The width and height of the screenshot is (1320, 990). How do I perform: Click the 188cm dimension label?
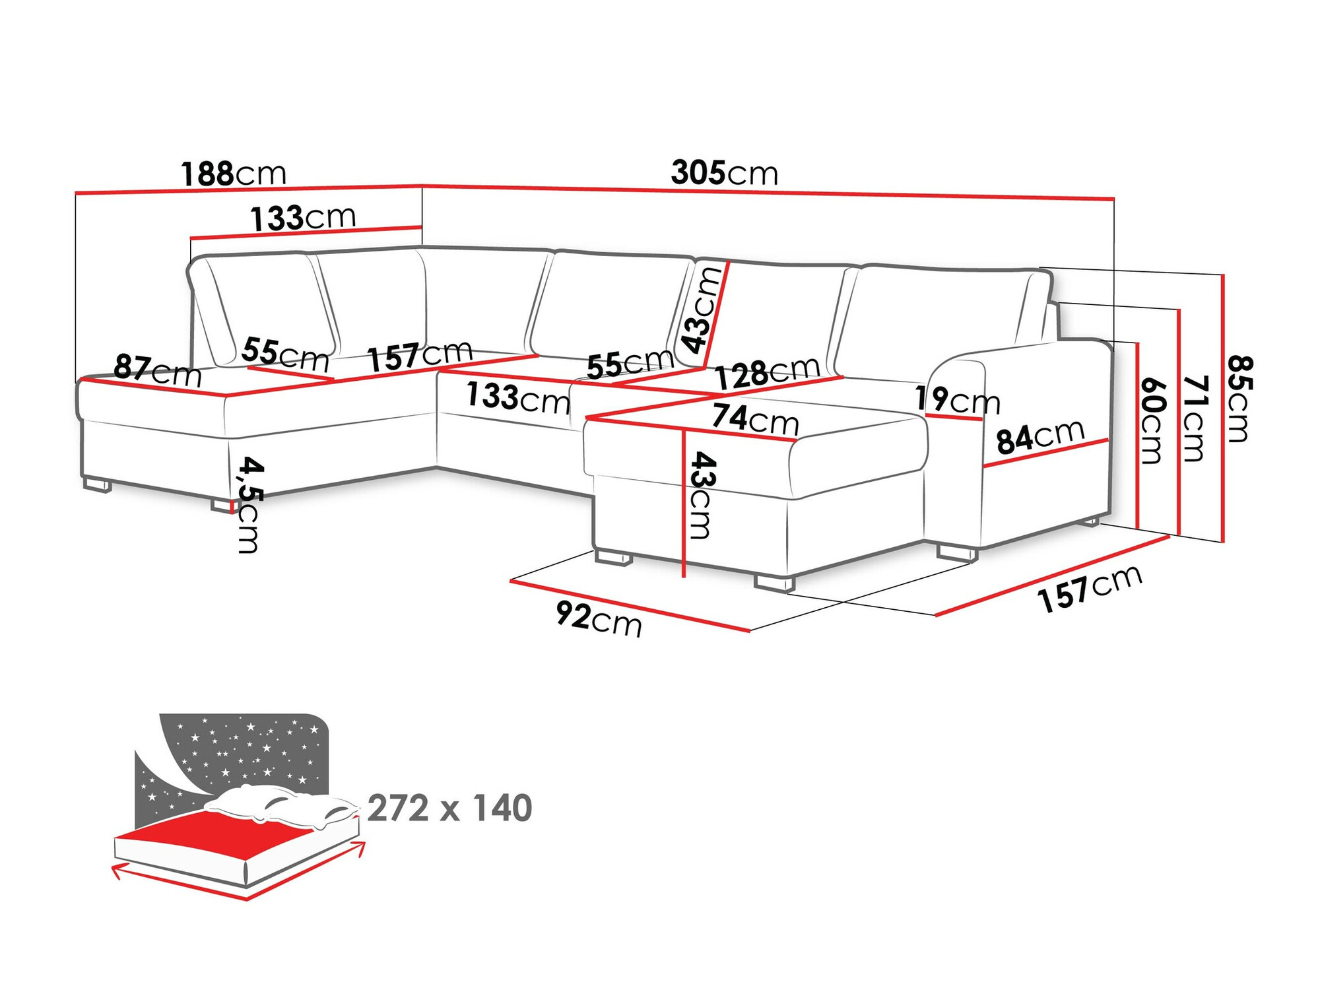(234, 174)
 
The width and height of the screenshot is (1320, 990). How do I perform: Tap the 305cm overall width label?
(724, 173)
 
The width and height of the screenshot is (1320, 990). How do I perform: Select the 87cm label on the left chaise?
(157, 371)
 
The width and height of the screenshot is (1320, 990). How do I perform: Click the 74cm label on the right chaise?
(755, 418)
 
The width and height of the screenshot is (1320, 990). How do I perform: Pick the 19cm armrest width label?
(957, 400)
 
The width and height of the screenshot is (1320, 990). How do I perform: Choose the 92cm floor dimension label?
(598, 618)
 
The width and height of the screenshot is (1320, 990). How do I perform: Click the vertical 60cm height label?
(1152, 420)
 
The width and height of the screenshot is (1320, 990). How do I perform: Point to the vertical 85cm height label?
(1239, 399)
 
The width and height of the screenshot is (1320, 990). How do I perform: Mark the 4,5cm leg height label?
(249, 504)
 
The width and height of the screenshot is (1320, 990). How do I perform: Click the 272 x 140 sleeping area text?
(449, 808)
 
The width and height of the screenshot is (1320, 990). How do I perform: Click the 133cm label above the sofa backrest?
(303, 218)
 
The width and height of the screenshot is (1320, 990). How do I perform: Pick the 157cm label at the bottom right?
(1089, 588)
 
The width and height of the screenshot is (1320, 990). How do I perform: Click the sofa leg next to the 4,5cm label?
(222, 506)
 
